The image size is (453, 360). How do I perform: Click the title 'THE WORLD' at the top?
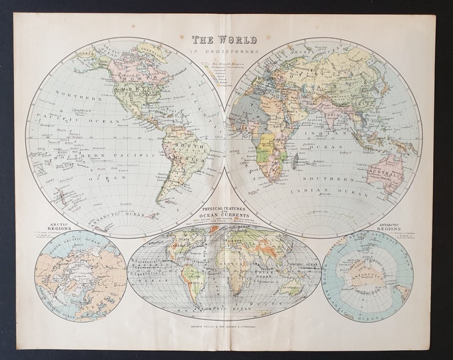click(226, 39)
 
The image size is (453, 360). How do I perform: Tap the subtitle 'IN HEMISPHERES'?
click(226, 51)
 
